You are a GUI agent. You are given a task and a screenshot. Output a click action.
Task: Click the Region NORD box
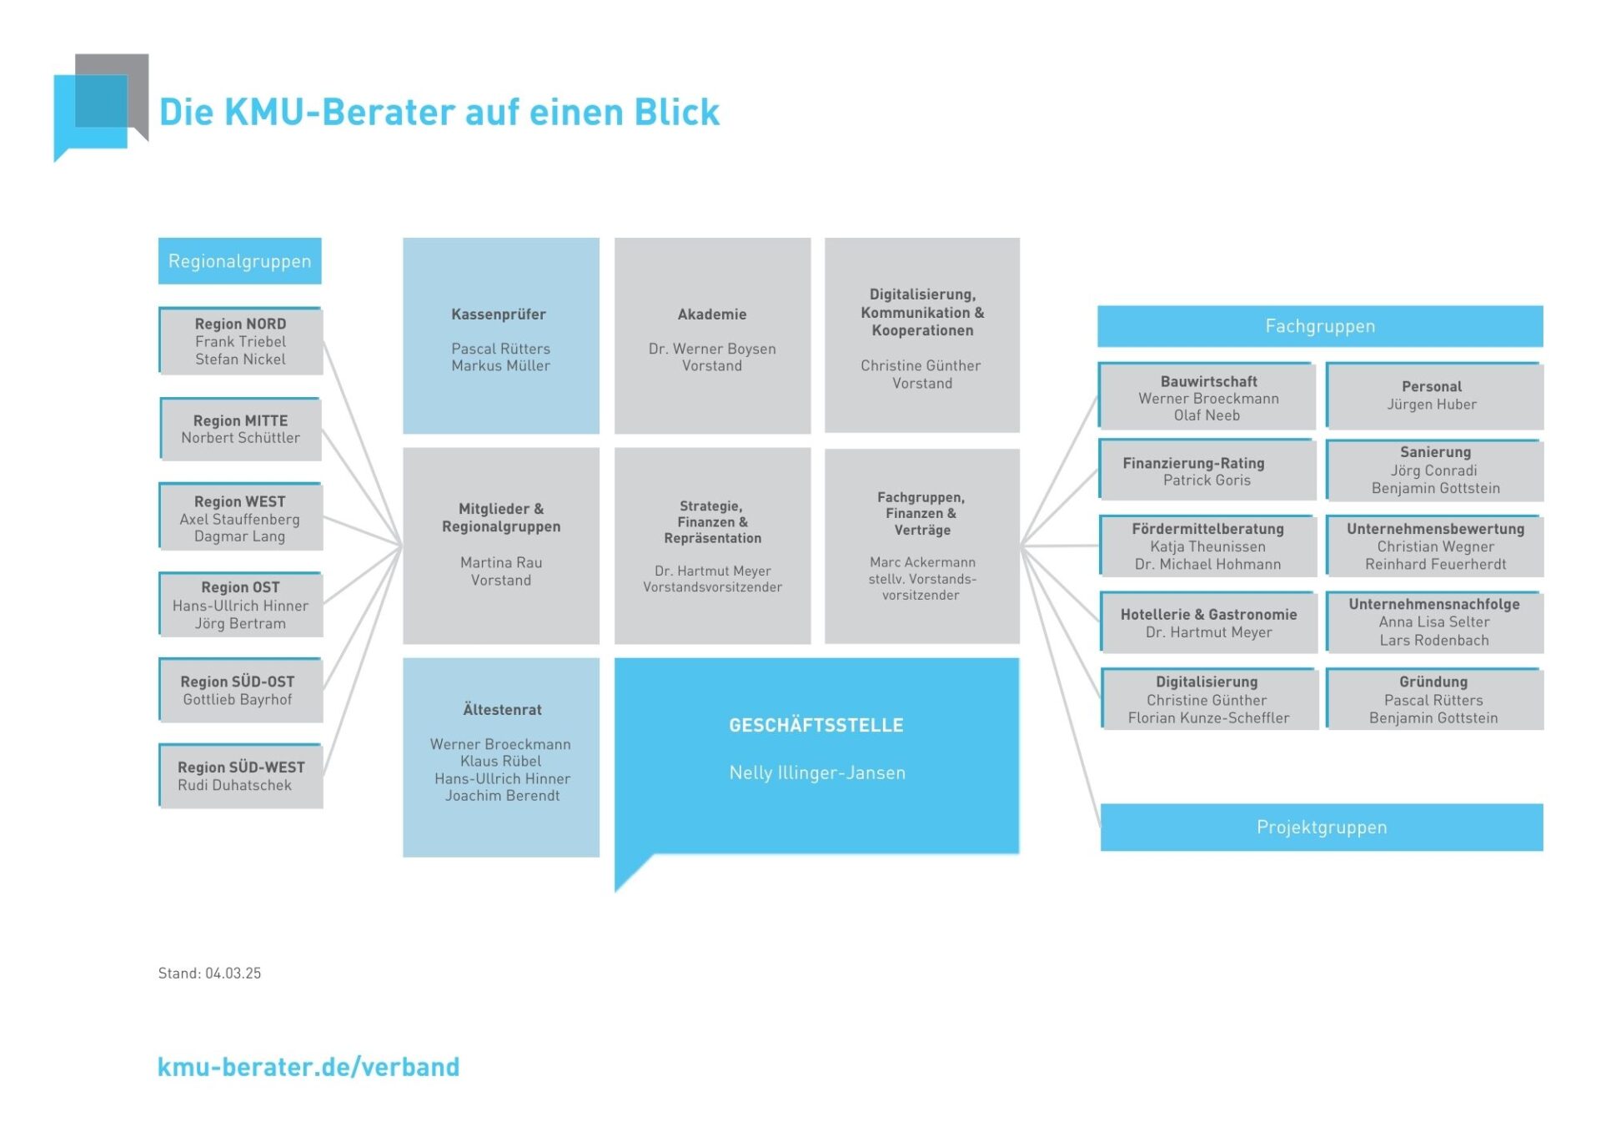point(241,341)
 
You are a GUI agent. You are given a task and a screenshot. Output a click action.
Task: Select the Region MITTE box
point(241,429)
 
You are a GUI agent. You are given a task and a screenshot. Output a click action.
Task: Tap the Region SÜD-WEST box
point(241,776)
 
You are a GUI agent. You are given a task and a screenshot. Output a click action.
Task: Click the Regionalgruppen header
point(240,261)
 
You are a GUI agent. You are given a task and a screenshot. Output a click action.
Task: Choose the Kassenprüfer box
point(500,335)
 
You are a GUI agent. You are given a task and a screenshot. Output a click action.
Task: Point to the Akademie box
point(712,335)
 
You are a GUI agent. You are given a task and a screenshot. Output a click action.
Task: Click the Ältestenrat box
point(500,757)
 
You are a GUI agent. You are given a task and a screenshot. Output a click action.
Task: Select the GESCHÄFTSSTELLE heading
point(816,725)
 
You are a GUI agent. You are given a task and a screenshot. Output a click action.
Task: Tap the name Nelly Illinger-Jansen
point(817,772)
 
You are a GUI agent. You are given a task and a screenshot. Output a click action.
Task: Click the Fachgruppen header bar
point(1320,326)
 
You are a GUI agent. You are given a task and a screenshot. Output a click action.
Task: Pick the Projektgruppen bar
point(1322,827)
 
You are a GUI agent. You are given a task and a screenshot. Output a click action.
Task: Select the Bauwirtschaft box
point(1207,397)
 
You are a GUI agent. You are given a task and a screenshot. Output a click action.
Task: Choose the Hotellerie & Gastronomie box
point(1208,622)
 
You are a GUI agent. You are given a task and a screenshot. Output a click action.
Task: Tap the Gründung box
point(1433,699)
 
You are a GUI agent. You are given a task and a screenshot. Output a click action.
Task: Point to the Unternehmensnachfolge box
point(1434,622)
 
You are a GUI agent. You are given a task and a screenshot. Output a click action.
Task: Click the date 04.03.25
point(233,973)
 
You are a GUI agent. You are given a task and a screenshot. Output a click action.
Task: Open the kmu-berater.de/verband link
point(309,1066)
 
